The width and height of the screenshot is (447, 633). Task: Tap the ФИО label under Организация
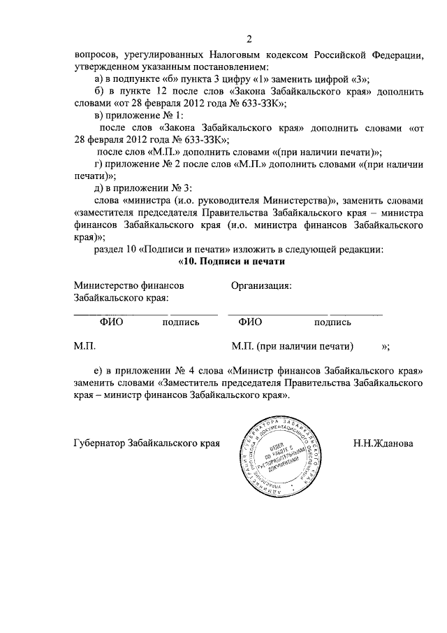tap(249, 322)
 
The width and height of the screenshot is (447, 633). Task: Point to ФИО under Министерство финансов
tap(112, 322)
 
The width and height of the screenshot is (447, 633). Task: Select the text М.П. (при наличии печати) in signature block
tap(292, 346)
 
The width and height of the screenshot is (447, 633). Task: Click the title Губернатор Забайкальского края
tap(147, 443)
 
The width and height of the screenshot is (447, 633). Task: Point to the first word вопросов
tap(95, 55)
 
